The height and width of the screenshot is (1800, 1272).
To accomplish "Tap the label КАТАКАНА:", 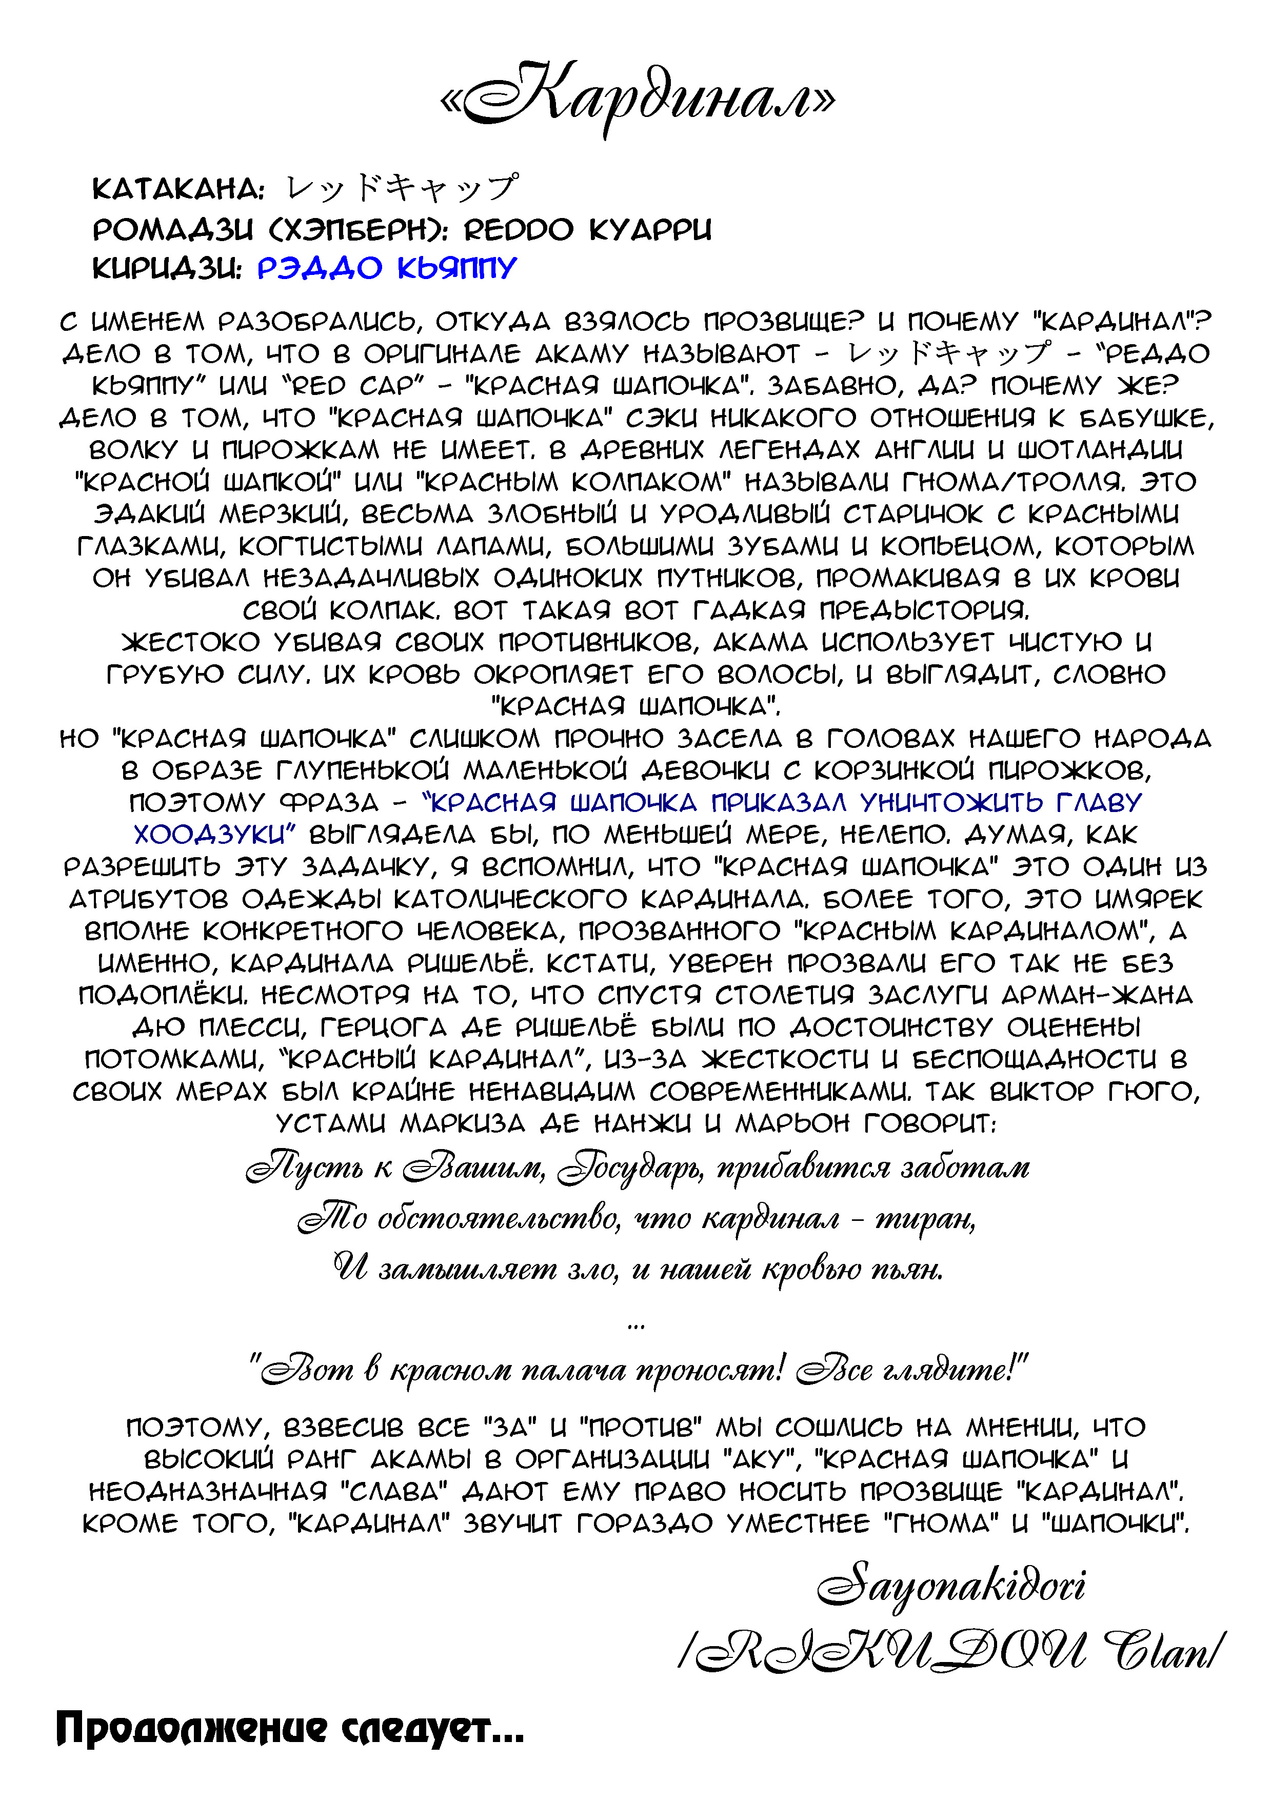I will [178, 190].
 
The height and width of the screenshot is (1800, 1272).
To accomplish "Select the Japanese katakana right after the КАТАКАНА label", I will [401, 188].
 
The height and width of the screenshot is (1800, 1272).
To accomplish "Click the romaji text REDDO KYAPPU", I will [588, 230].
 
